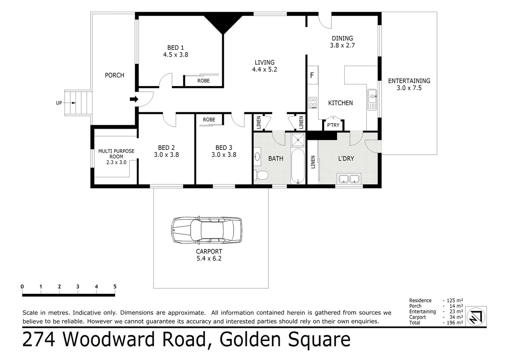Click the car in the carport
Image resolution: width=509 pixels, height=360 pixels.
click(x=207, y=230)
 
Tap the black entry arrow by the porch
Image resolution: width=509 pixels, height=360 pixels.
click(x=134, y=99)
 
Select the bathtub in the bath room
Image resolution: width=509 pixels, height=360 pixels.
click(x=298, y=166)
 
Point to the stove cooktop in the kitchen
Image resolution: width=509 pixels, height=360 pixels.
click(x=313, y=102)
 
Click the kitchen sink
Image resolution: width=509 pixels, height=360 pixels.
click(x=372, y=99)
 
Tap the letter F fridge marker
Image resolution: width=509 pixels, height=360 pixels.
click(x=312, y=75)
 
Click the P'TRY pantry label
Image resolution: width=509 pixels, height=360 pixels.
click(x=333, y=125)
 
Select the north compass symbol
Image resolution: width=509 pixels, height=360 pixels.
click(x=476, y=317)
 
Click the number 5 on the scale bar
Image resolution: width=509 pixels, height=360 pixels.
click(x=115, y=287)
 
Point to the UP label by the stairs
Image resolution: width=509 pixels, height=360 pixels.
click(x=59, y=103)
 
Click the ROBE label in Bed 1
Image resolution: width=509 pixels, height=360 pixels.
click(x=203, y=81)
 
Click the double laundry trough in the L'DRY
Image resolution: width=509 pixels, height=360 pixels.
click(x=349, y=179)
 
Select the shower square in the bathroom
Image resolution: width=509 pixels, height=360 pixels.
click(x=298, y=140)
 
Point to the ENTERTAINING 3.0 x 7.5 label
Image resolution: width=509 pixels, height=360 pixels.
click(x=409, y=84)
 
